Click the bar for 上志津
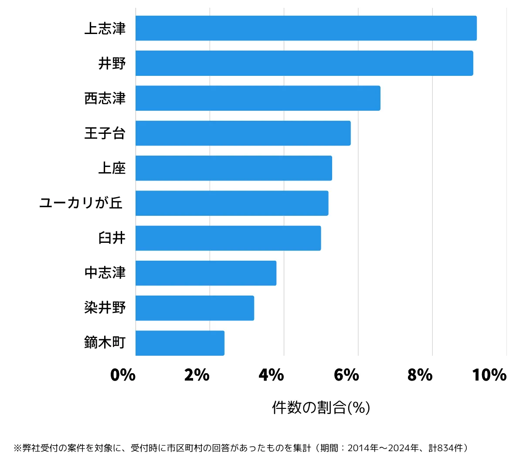pyautogui.click(x=306, y=28)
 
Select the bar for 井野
pyautogui.click(x=304, y=63)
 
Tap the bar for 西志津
pyautogui.click(x=258, y=98)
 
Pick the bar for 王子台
pyautogui.click(x=243, y=133)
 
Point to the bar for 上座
pyautogui.click(x=234, y=168)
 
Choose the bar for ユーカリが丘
pyautogui.click(x=232, y=203)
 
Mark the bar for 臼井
pyautogui.click(x=228, y=238)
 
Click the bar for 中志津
pyautogui.click(x=206, y=273)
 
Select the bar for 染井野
pyautogui.click(x=195, y=308)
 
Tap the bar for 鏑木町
pyautogui.click(x=180, y=343)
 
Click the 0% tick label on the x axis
pyautogui.click(x=123, y=375)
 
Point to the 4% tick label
pyautogui.click(x=271, y=375)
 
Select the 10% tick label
pyautogui.click(x=489, y=375)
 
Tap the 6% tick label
pyautogui.click(x=346, y=375)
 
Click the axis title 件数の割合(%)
pyautogui.click(x=321, y=408)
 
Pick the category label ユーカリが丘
pyautogui.click(x=81, y=203)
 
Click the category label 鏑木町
pyautogui.click(x=105, y=343)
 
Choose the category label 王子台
pyautogui.click(x=105, y=133)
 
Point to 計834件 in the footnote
pyautogui.click(x=445, y=448)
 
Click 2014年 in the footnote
pyautogui.click(x=363, y=448)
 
